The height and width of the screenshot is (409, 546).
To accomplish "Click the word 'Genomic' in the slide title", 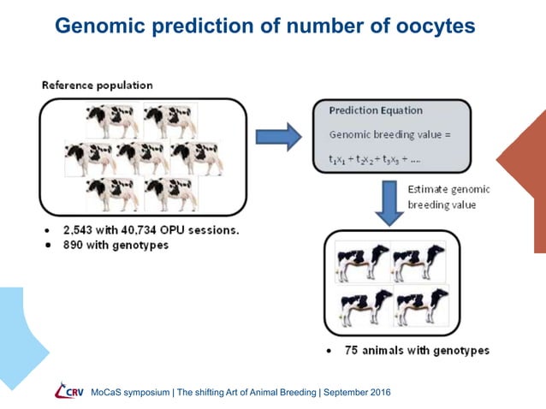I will point(98,26).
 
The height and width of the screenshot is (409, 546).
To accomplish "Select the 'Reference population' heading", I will point(98,85).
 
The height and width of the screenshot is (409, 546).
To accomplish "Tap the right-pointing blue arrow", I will point(280,134).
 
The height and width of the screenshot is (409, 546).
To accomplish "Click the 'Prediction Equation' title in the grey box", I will point(376,111).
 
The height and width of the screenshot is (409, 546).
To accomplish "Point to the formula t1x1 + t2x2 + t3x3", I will point(382,160).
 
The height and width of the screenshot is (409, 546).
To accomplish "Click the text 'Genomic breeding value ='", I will point(388,134).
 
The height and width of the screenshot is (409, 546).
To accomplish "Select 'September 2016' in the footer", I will point(357,392).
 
